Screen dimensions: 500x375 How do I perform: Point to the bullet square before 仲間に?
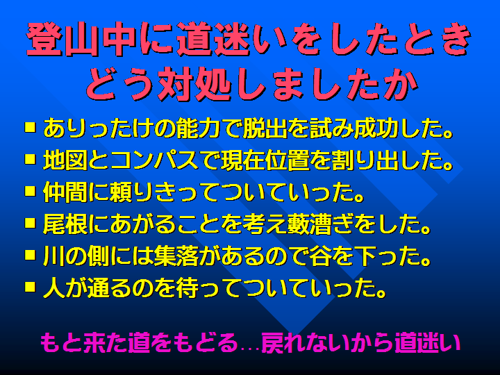tap(31, 191)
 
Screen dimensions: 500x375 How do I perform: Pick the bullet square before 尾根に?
tap(31, 223)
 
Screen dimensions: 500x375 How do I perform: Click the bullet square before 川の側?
tap(31, 255)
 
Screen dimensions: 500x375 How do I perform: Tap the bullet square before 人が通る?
tap(31, 286)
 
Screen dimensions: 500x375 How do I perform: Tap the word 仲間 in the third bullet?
tap(65, 192)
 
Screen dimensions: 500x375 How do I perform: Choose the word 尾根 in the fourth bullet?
tap(65, 224)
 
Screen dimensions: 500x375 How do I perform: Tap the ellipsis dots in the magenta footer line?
tap(250, 350)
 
